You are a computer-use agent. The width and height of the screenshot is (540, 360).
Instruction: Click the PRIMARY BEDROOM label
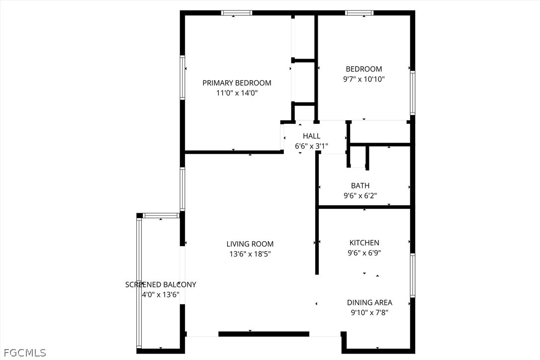click(237, 83)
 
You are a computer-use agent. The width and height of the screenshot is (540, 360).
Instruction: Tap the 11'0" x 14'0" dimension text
click(237, 92)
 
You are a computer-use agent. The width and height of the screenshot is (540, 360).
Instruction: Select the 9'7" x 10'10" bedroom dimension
click(363, 79)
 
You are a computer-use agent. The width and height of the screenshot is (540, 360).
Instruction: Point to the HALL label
click(311, 136)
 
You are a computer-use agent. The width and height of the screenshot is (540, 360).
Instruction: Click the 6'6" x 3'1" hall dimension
click(311, 146)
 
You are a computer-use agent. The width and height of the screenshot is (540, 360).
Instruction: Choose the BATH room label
click(360, 185)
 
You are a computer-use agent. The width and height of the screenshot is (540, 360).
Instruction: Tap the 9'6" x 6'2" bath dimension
click(360, 196)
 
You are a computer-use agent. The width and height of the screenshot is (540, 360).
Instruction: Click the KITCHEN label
click(364, 243)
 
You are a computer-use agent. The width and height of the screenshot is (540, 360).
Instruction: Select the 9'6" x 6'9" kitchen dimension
click(364, 253)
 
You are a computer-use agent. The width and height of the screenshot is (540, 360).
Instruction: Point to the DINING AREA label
click(369, 302)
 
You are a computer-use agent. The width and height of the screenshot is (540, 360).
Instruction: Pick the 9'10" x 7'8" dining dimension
click(369, 313)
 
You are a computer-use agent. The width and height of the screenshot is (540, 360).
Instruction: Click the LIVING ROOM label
click(250, 244)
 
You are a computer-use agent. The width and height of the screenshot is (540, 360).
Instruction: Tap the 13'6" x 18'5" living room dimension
click(250, 254)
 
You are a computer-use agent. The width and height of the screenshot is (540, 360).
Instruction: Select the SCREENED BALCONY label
click(161, 284)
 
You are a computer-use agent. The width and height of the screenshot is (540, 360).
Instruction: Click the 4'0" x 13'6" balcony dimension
click(161, 295)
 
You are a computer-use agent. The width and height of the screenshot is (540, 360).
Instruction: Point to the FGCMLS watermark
click(25, 353)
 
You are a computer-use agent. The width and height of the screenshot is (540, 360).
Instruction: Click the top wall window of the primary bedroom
click(237, 13)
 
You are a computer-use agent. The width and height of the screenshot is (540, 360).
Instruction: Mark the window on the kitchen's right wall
click(412, 275)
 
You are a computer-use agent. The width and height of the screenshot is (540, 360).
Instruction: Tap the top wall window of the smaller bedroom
click(359, 13)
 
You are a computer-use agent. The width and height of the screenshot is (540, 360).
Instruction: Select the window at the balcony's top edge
click(161, 216)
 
